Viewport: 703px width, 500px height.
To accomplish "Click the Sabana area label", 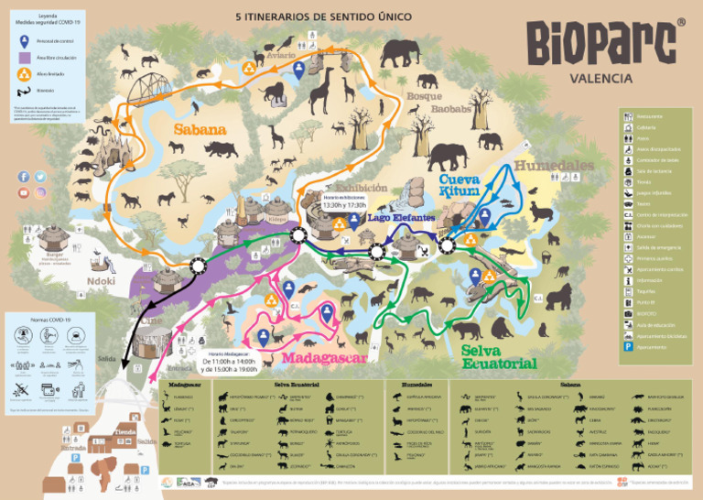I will [x=200, y=130].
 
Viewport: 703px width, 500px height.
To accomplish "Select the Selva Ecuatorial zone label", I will [x=498, y=357].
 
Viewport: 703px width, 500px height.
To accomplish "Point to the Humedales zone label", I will [x=555, y=166].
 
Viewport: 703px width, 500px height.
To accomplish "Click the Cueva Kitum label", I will [x=460, y=187].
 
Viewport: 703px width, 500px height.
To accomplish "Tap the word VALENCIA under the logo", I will [x=601, y=79].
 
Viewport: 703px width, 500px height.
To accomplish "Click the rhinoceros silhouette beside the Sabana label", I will [x=221, y=149].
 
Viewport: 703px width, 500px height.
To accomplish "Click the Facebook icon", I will [x=23, y=177].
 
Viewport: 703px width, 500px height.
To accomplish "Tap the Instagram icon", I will [x=40, y=193].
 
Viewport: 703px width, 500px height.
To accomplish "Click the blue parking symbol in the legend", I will [x=628, y=347].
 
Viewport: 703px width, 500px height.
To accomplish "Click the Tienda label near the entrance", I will [x=125, y=431].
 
